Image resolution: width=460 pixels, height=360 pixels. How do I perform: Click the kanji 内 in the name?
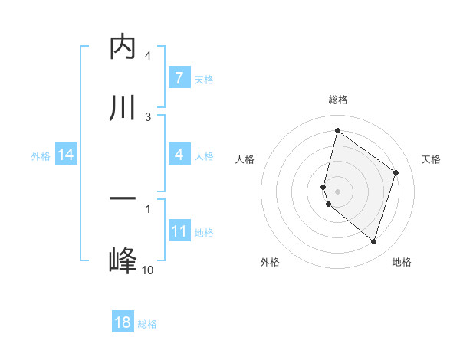(123, 47)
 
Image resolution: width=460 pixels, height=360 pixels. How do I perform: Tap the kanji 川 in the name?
(123, 107)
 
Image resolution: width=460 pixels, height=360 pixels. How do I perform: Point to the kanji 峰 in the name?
(123, 260)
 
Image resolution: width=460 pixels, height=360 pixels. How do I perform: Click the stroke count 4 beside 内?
(148, 56)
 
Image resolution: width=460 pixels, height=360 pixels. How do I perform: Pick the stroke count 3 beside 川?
(148, 116)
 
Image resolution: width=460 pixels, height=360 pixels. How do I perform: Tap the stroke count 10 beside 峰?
(148, 270)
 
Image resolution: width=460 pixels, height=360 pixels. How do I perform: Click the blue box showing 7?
(179, 78)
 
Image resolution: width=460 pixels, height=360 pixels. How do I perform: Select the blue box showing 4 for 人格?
(179, 155)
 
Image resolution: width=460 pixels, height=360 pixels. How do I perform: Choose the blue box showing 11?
(179, 231)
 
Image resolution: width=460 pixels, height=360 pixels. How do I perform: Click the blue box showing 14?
(66, 155)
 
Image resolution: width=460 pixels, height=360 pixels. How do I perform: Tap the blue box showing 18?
(123, 322)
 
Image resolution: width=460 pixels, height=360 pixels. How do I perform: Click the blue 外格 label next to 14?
(41, 155)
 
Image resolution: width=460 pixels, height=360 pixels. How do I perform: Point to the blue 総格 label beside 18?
(147, 323)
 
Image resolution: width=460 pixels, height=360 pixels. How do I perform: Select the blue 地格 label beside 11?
(204, 232)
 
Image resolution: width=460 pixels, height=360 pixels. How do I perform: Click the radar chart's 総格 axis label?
(337, 100)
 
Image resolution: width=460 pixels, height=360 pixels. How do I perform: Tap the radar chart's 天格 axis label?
(431, 159)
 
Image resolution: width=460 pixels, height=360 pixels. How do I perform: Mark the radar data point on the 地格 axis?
(373, 242)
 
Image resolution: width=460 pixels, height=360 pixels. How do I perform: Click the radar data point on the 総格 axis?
(337, 130)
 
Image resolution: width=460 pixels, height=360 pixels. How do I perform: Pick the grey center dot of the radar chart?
(337, 191)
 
